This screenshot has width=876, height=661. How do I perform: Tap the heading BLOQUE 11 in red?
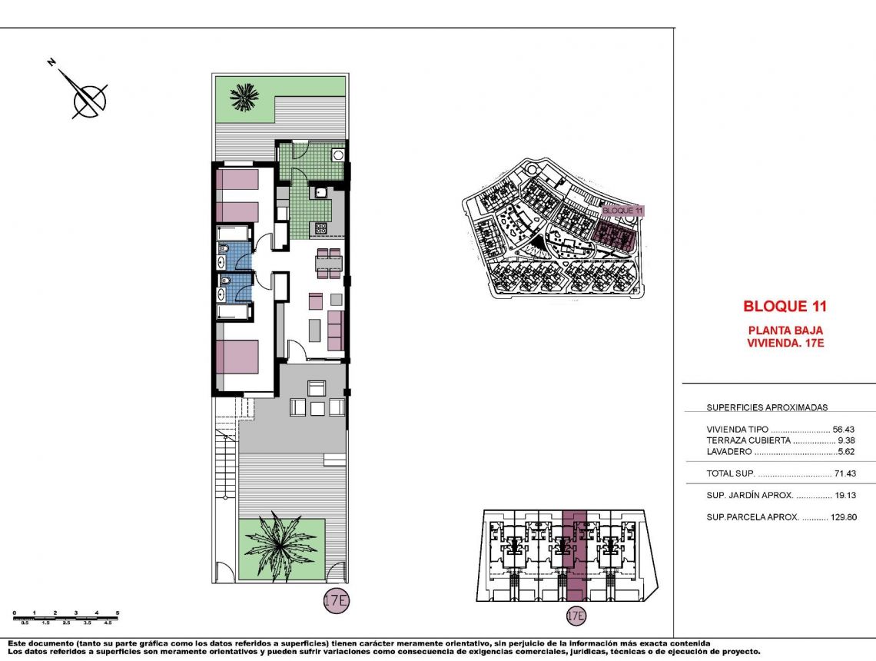(785, 306)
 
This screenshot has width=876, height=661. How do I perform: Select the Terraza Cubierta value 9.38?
(846, 440)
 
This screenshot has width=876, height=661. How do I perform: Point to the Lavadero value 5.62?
(846, 452)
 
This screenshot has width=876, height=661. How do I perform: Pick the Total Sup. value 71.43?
(844, 473)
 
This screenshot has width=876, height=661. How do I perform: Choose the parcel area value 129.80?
(843, 517)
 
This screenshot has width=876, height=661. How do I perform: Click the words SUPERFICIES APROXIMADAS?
(767, 408)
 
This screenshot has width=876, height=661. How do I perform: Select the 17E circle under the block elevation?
(576, 615)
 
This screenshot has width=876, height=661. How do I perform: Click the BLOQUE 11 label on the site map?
(622, 210)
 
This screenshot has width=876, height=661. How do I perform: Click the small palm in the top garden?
(244, 97)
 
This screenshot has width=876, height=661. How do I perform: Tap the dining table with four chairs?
(328, 263)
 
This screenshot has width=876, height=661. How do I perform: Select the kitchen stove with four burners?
(320, 228)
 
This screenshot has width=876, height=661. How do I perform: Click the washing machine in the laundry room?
(337, 154)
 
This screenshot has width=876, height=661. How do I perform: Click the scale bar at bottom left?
(65, 615)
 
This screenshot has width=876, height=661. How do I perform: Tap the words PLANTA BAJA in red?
(785, 330)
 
